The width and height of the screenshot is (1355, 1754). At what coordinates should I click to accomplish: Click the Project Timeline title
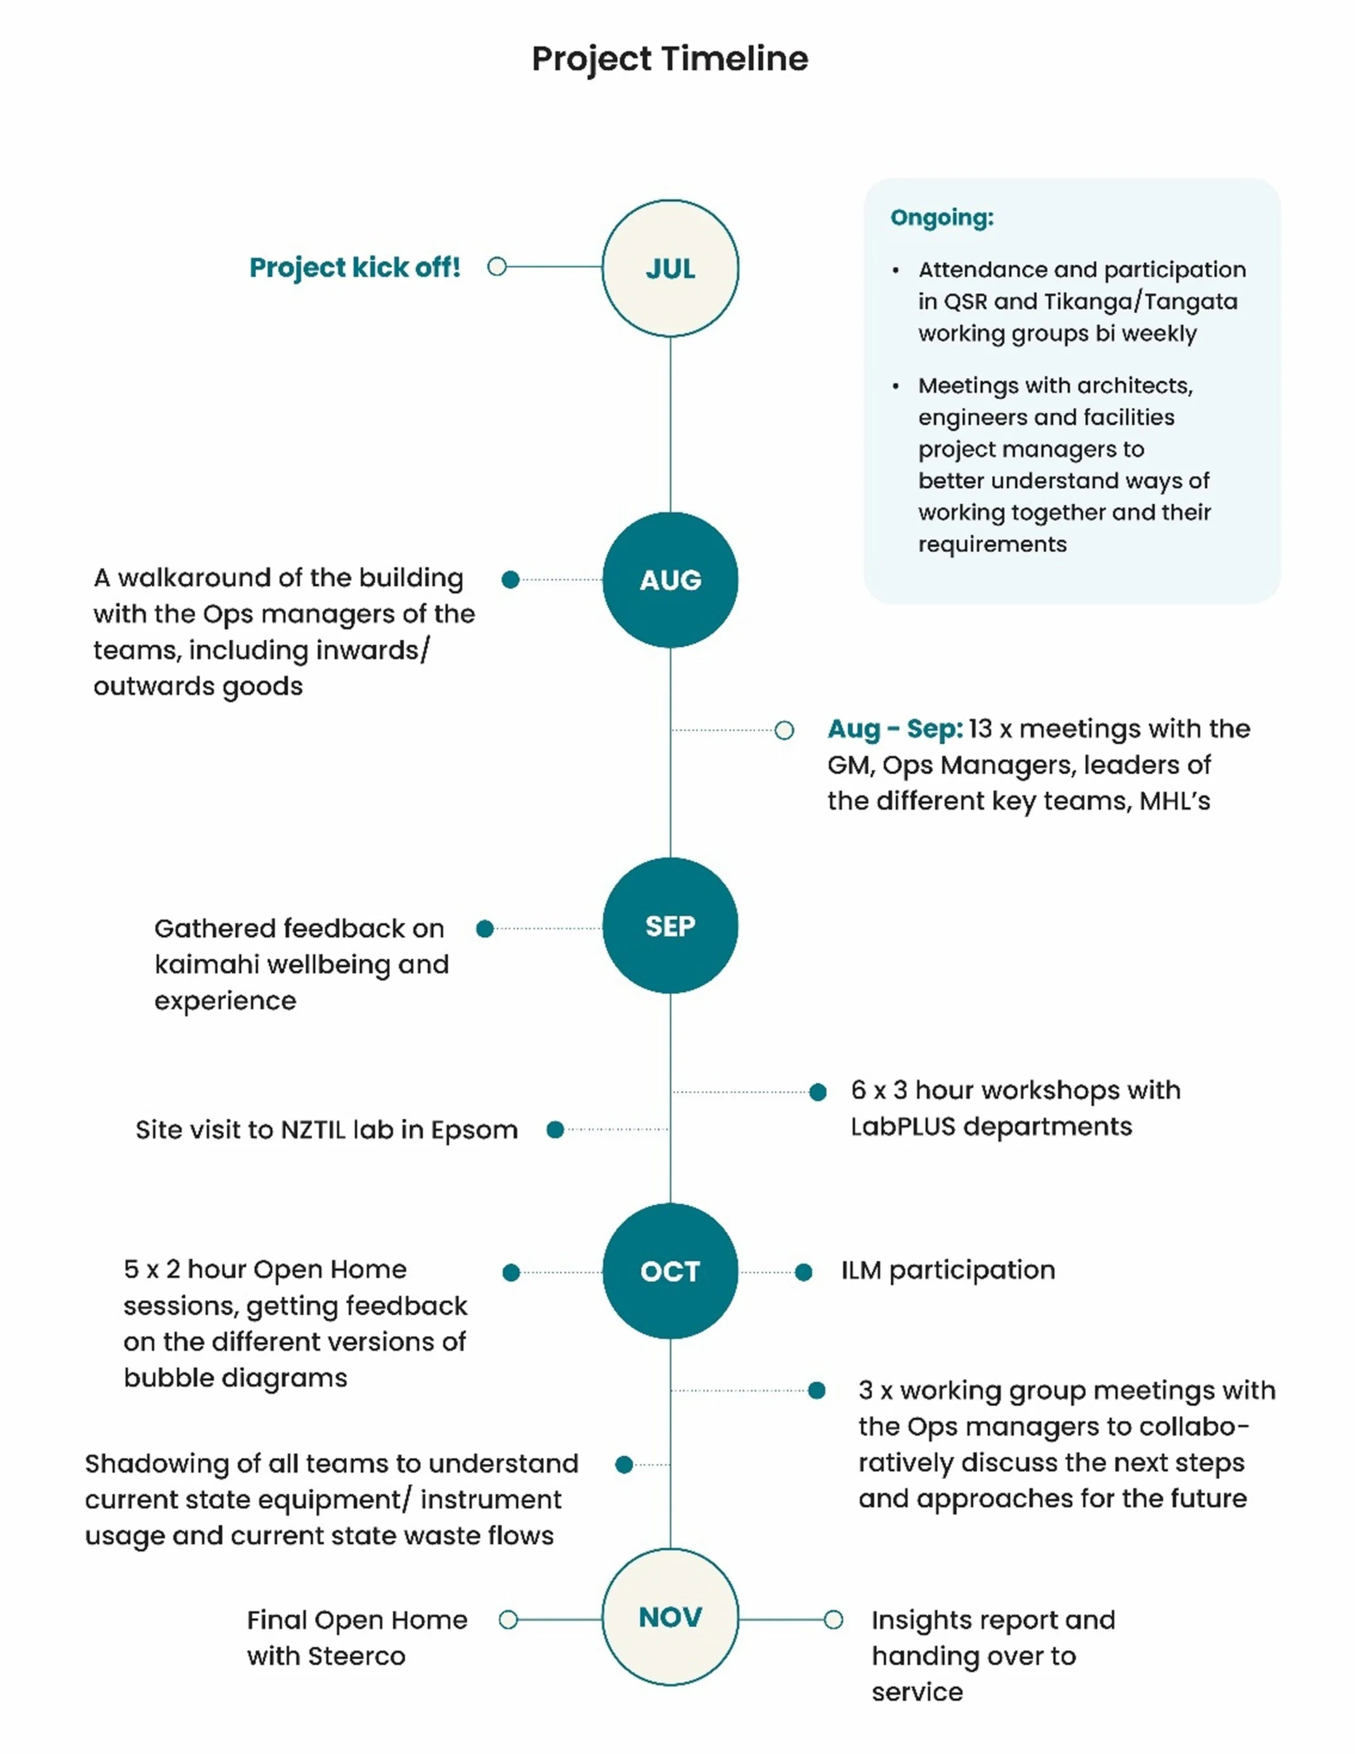coord(670,58)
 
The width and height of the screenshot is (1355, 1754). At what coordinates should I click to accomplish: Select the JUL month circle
coord(670,268)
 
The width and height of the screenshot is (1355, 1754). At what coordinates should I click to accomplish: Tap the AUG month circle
coord(670,580)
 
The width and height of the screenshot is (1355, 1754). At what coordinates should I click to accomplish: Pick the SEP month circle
coord(670,926)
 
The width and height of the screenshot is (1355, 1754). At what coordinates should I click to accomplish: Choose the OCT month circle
coord(670,1271)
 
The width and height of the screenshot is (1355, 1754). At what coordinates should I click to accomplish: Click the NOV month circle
coord(670,1617)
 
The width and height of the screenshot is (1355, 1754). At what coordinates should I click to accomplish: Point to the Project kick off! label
coord(355,268)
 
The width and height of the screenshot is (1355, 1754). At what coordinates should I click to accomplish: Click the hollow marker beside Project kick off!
coord(497,266)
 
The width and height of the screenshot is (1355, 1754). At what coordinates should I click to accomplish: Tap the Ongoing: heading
coord(942,218)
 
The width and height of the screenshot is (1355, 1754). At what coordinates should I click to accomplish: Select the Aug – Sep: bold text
coord(894,730)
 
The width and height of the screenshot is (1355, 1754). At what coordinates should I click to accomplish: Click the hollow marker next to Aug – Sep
coord(784,730)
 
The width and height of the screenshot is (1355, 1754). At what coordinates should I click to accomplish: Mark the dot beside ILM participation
coord(803,1272)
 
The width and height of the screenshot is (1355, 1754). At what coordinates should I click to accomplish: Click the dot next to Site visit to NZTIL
coord(555,1130)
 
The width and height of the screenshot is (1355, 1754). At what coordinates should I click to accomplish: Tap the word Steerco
coord(356,1656)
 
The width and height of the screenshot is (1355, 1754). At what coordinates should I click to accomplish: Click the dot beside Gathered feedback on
coord(484,929)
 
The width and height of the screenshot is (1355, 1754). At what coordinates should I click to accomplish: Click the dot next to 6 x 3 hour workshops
coord(818,1092)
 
